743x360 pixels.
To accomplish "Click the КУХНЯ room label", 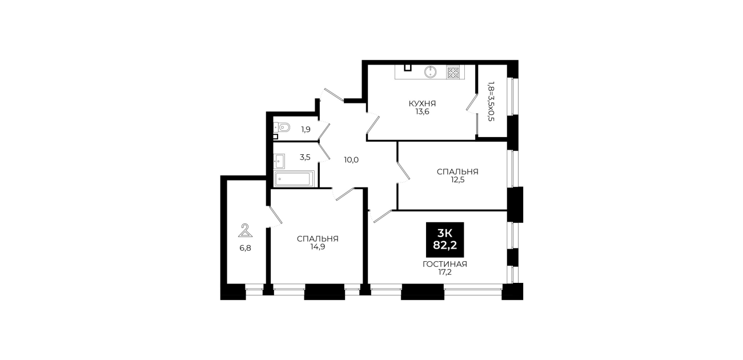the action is point(422,103).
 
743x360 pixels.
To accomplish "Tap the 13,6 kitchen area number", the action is point(423,112).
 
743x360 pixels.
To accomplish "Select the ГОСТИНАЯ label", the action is point(445,265).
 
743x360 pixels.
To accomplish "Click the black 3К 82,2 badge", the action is point(445,239).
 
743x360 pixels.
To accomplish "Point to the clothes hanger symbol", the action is point(245,231).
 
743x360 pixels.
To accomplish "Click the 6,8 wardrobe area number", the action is point(245,248).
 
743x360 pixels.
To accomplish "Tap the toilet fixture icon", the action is point(282,127).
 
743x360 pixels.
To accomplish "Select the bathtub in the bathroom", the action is point(294,179).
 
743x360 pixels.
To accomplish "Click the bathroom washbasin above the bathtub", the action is point(279,161).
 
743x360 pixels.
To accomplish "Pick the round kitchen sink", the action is point(430,72).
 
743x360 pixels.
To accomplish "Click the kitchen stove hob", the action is point(453,73).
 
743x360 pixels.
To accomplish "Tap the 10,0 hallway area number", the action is point(351,160).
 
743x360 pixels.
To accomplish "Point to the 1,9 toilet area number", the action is point(306,129).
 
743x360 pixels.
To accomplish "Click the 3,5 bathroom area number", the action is point(305,157).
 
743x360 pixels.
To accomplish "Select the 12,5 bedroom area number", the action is point(457,180).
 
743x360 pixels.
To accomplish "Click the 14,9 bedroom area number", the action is point(318,247).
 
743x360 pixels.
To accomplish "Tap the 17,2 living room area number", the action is point(445,273).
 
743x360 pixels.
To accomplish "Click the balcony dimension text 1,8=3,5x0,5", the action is point(491,101).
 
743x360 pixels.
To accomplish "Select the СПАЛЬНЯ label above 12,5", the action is point(457,172).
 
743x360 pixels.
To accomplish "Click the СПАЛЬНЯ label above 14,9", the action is point(318,239).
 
